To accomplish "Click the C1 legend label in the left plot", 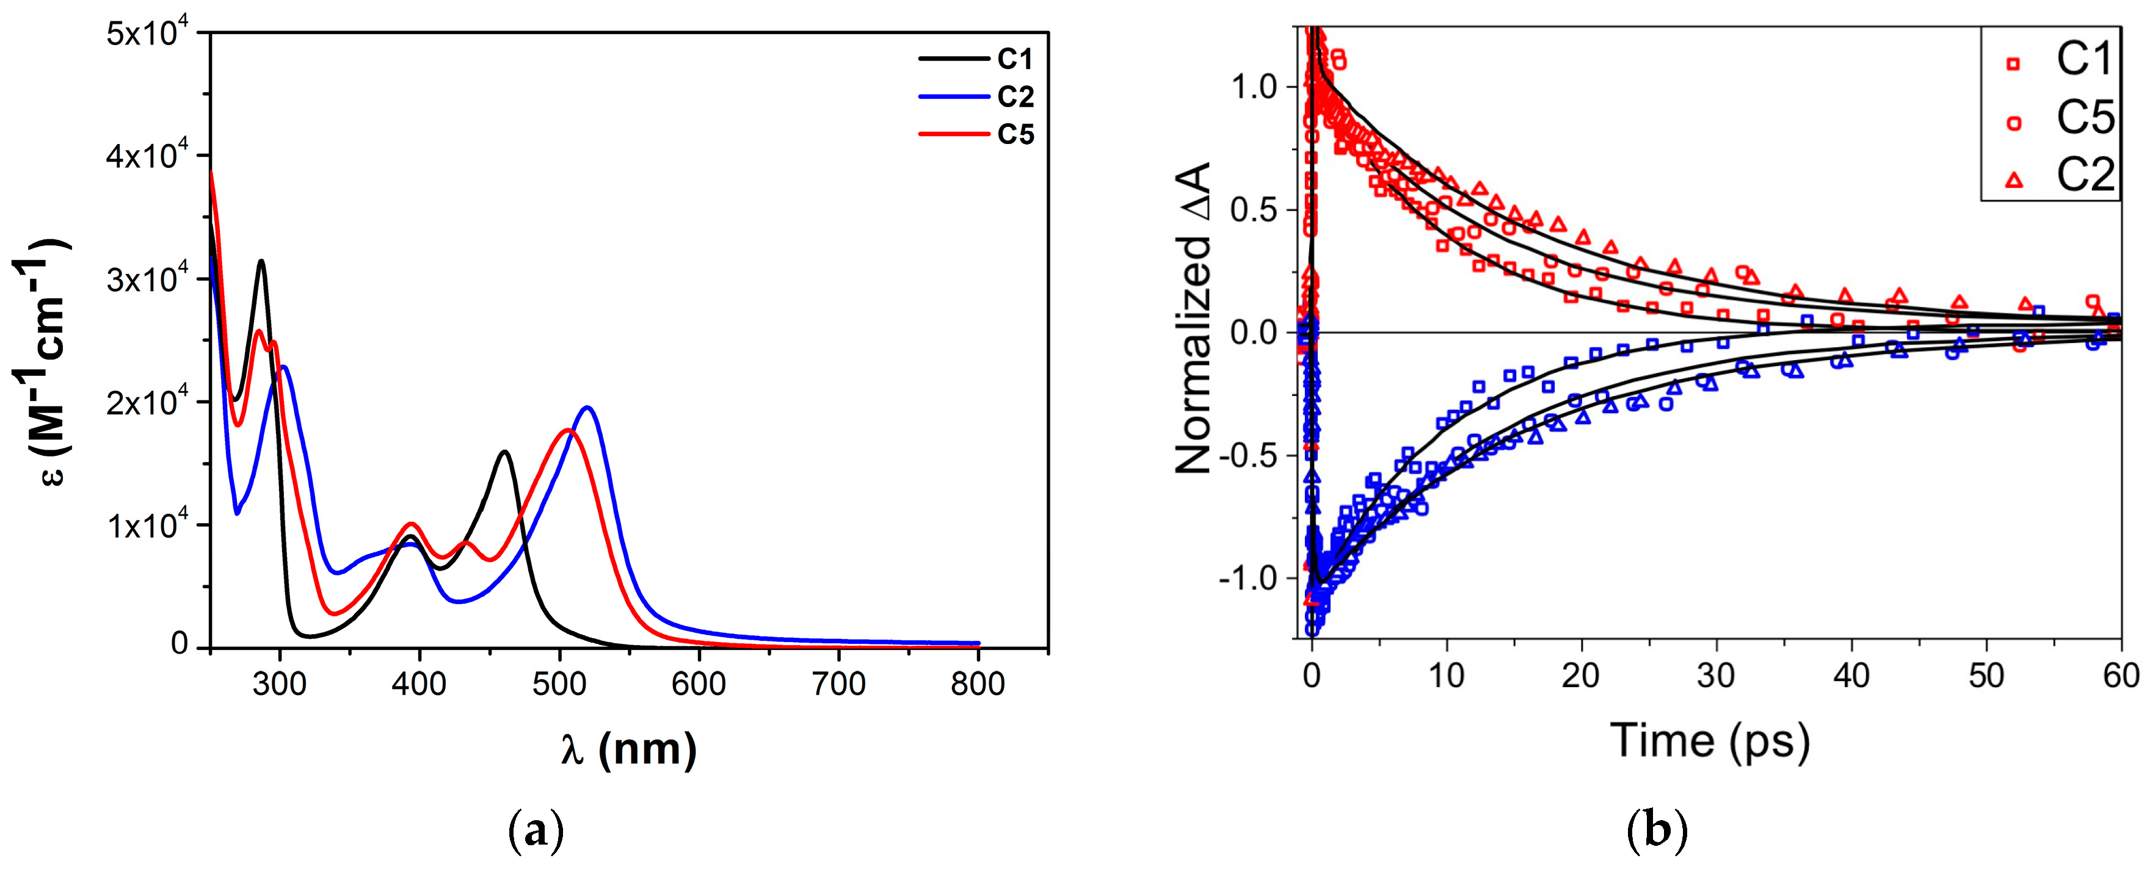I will (x=1015, y=59).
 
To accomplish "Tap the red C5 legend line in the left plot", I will (x=954, y=134).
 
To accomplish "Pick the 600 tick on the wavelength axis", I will (x=699, y=684).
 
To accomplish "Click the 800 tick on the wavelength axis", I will (x=978, y=684).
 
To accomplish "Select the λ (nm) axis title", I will (x=628, y=748).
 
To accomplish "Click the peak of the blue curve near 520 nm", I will (x=587, y=408).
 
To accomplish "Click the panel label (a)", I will (x=536, y=832).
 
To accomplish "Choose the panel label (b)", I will (x=1657, y=832).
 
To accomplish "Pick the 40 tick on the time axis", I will (x=1851, y=676).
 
